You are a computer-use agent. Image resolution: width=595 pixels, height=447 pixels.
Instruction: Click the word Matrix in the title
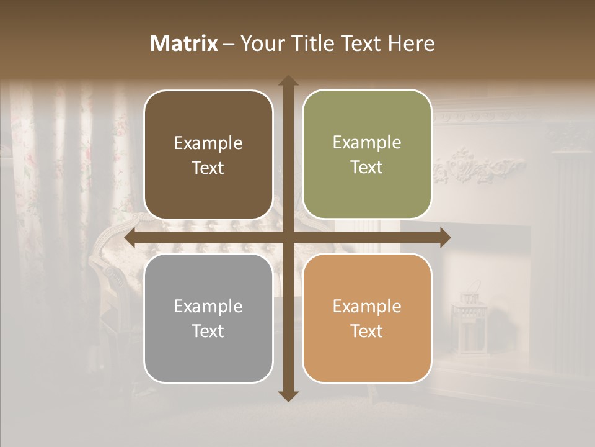[184, 43]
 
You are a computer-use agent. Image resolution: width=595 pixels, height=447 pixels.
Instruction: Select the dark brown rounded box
[208, 155]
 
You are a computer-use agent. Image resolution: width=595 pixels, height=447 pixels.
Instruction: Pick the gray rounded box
[208, 318]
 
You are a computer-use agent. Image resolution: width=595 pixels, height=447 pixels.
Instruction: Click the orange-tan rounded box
[367, 318]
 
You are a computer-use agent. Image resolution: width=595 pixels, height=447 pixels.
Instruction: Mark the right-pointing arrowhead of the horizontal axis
[444, 238]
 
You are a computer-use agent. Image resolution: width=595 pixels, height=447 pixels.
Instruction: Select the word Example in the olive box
[367, 142]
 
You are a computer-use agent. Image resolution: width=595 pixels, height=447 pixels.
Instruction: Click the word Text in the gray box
[208, 331]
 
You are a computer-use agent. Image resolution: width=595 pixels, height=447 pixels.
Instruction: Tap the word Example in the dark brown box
[208, 143]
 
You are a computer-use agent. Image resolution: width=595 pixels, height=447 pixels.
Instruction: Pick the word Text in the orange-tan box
[366, 331]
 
